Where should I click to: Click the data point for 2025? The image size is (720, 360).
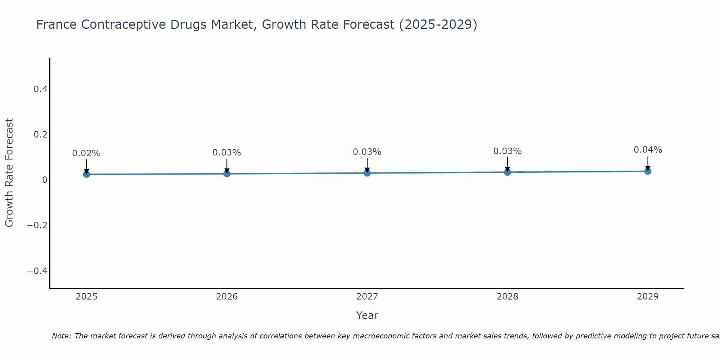[86, 174]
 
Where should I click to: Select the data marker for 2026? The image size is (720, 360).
[227, 174]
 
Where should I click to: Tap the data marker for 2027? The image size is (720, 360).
[367, 173]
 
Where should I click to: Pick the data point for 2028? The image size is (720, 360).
[508, 172]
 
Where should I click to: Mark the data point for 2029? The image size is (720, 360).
[648, 171]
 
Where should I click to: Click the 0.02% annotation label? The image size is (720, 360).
[86, 153]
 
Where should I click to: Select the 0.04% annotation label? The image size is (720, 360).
[648, 150]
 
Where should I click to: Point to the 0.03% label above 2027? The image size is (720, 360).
[367, 152]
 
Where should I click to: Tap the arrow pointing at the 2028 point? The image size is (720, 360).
[508, 164]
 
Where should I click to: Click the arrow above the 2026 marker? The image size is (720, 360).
[227, 166]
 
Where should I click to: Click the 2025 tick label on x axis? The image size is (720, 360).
[86, 297]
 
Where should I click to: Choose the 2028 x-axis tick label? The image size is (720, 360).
[508, 297]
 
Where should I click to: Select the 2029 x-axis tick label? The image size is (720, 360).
[648, 297]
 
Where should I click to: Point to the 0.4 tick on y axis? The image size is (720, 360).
[41, 89]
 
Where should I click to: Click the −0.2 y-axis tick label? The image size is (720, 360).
[37, 225]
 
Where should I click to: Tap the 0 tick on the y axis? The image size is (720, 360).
[45, 180]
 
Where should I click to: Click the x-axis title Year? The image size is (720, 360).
[367, 316]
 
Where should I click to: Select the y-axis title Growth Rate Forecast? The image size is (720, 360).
[9, 173]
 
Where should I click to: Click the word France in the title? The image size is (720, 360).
[56, 25]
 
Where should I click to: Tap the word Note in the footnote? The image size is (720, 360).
[61, 336]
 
